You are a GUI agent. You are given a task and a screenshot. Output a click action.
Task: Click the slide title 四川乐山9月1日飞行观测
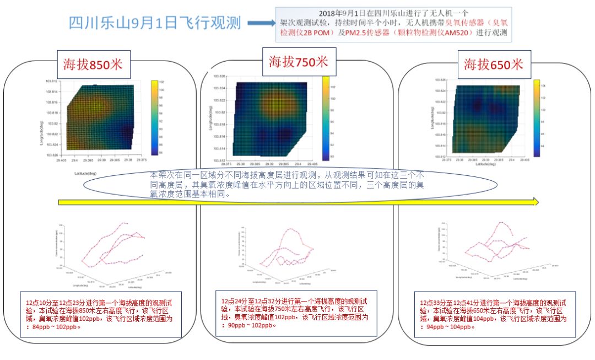coord(155,23)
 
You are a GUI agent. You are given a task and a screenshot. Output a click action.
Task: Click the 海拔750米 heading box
coord(298,61)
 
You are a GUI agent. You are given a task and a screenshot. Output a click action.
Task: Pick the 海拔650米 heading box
coord(493,64)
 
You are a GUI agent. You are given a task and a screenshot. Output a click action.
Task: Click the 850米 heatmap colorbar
coord(155,116)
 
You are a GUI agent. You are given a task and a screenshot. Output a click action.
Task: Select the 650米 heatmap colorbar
coord(536,117)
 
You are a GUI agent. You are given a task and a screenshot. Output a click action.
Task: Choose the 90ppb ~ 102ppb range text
coord(253,325)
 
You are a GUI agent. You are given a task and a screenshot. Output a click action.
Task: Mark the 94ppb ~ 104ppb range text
coord(450,326)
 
